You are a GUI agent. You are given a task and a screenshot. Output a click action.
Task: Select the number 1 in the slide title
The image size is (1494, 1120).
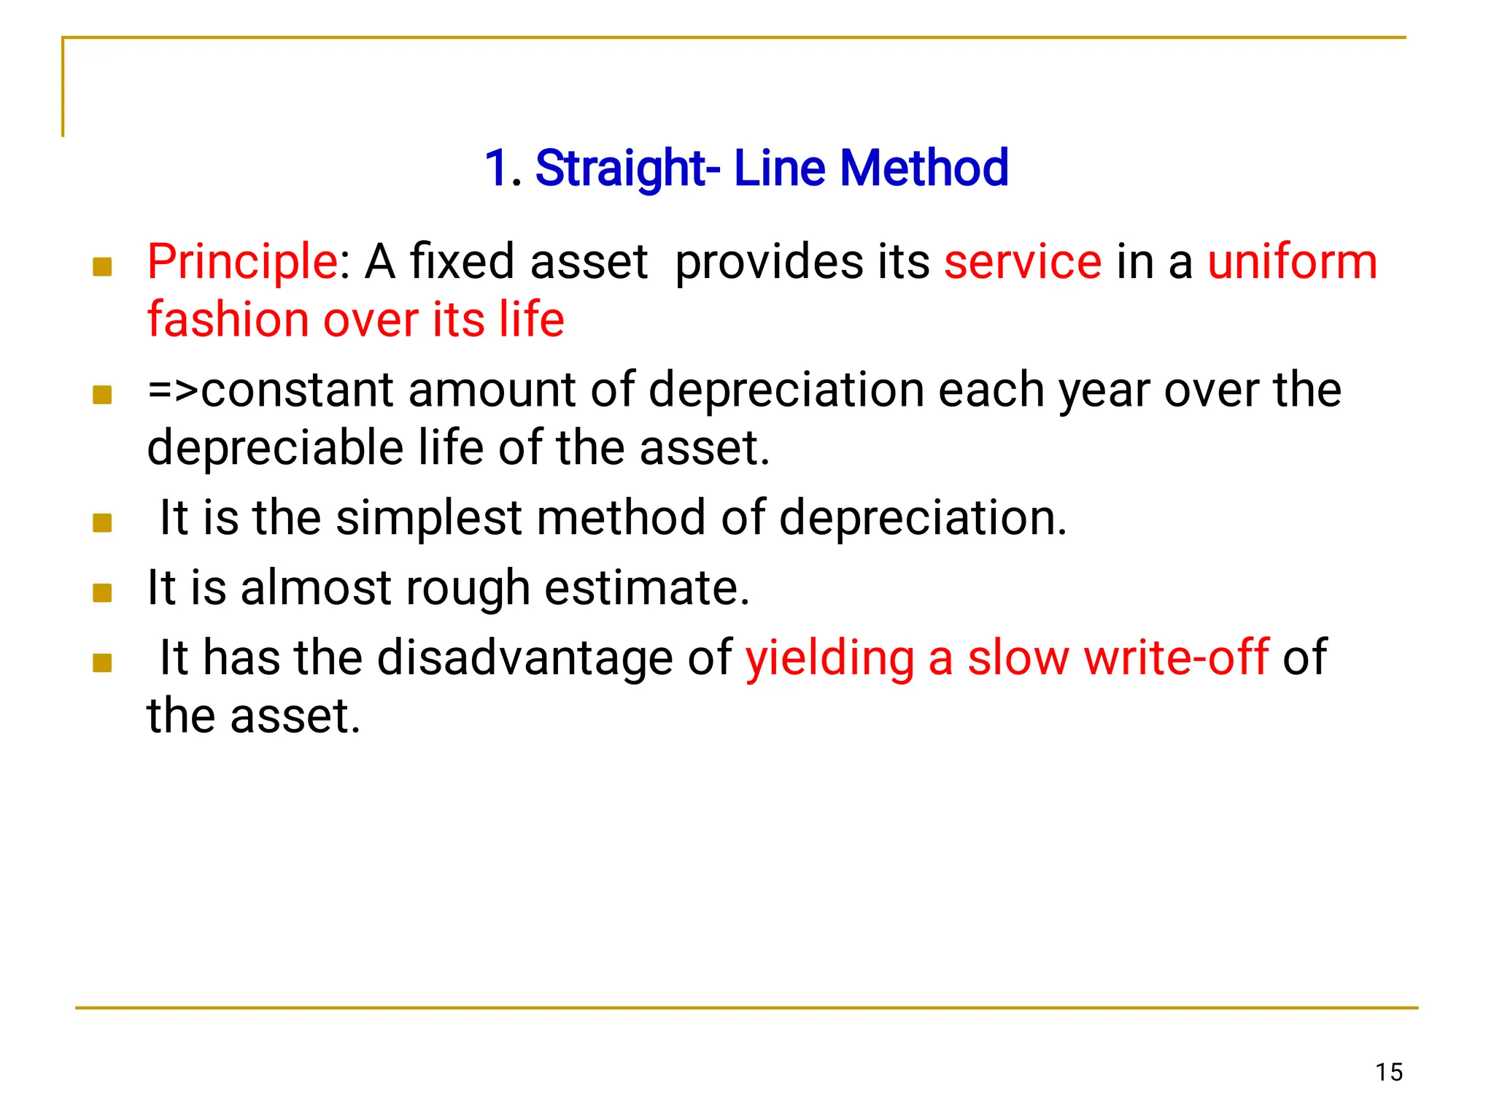498,169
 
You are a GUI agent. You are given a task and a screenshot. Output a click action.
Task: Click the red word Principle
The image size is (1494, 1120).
241,262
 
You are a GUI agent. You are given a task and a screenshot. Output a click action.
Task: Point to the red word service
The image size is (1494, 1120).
1022,262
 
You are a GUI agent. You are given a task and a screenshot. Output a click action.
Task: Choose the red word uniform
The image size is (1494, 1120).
1292,262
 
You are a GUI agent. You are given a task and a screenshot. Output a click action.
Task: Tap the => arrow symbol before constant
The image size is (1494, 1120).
173,390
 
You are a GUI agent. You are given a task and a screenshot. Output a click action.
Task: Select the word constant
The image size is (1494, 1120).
297,390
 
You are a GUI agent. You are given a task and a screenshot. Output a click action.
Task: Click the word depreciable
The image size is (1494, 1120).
275,448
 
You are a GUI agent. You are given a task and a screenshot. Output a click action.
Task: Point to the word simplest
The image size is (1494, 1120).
429,518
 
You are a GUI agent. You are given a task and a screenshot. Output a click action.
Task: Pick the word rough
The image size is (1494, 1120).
467,588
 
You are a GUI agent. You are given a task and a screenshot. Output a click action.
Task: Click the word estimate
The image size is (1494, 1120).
646,588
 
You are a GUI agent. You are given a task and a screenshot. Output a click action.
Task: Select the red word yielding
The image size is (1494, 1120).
829,658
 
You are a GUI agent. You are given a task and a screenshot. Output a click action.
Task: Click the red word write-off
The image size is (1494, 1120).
1176,658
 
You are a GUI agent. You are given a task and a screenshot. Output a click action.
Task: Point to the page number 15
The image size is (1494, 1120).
1389,1072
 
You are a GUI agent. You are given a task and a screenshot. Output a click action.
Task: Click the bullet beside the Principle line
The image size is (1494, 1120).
102,267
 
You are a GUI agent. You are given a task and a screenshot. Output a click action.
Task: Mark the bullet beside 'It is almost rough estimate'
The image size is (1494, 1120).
102,592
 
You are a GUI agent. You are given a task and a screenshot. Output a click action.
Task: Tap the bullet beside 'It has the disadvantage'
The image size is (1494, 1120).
102,663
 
